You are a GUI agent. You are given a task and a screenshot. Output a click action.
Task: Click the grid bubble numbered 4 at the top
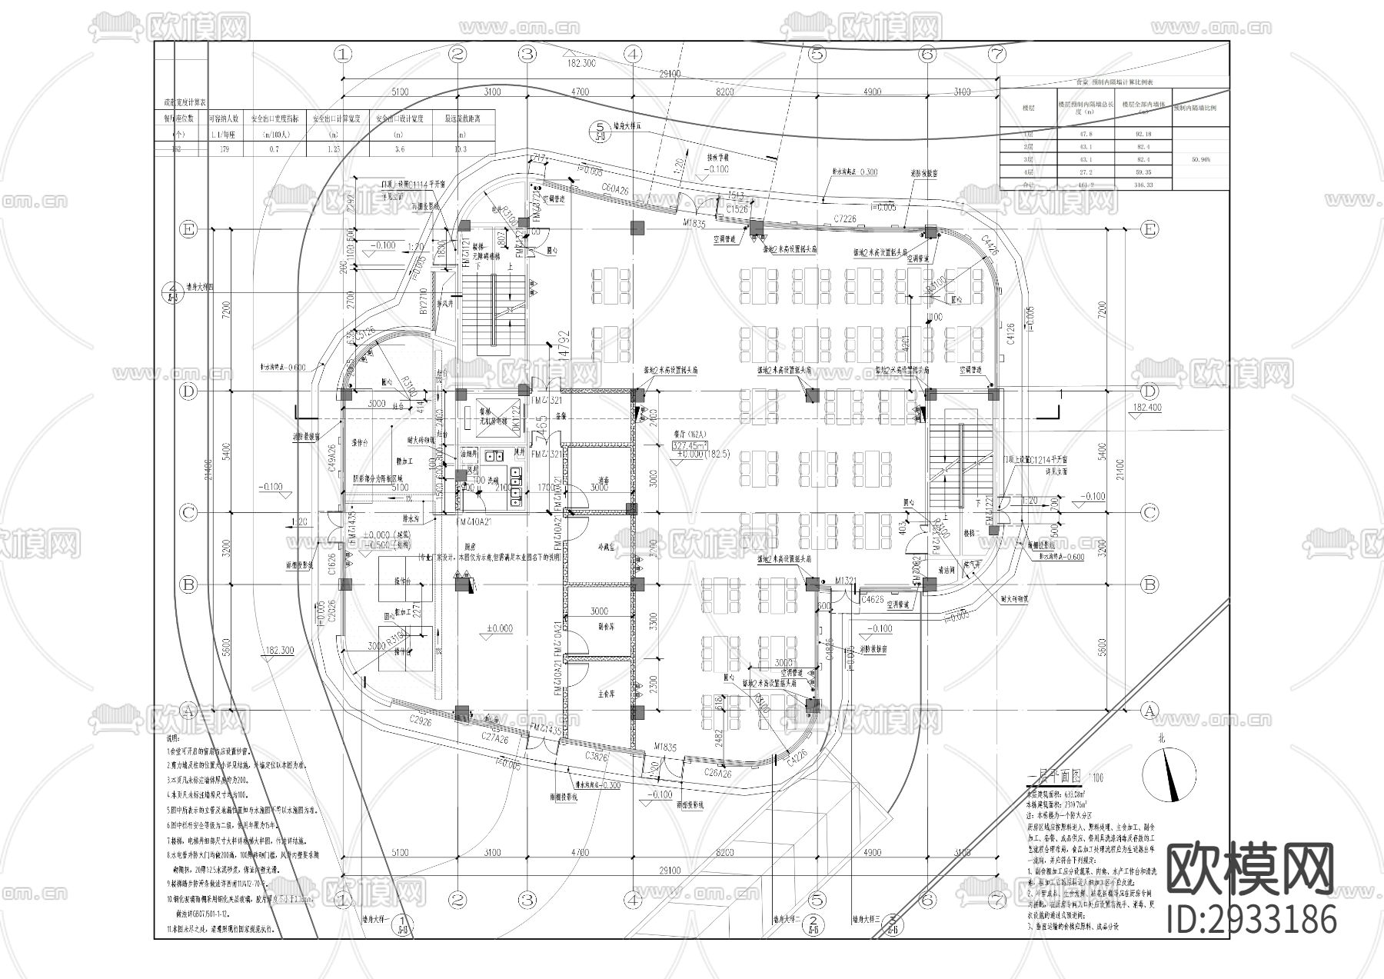[633, 54]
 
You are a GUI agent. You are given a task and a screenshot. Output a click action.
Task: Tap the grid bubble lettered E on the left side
[188, 229]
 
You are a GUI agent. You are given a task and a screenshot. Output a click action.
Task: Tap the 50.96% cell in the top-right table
[1199, 160]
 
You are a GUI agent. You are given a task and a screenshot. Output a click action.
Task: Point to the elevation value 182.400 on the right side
[1146, 408]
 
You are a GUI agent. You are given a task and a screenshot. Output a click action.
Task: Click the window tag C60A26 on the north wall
[615, 189]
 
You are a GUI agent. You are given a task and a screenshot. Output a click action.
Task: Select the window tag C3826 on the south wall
[596, 757]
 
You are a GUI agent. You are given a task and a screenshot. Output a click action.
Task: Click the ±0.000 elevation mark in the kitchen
[499, 629]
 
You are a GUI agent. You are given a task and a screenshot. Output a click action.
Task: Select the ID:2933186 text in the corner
[1252, 920]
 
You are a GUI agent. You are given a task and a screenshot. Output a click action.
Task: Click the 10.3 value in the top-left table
[461, 149]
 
